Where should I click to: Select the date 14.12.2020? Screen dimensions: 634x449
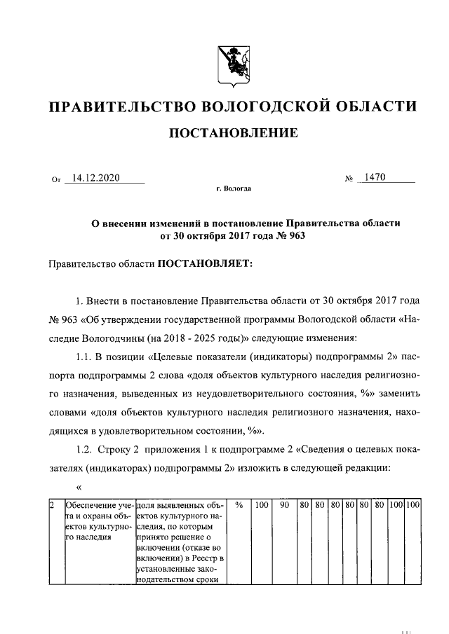click(97, 178)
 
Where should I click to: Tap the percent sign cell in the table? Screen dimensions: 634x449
click(239, 504)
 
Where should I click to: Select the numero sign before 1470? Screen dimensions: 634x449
click(349, 180)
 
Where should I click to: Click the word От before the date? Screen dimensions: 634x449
click(57, 180)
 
